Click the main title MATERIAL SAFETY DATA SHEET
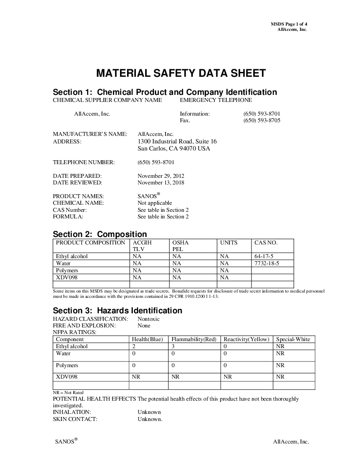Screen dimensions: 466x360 point(181,73)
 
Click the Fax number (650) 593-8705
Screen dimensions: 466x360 point(262,120)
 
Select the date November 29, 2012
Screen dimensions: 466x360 point(161,176)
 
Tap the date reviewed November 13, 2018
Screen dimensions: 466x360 point(161,183)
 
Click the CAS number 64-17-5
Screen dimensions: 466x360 point(264,256)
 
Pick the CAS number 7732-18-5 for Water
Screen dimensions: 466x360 point(267,263)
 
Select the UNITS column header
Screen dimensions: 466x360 point(229,243)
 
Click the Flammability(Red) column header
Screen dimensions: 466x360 point(194,339)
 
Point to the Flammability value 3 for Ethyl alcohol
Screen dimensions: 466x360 point(173,346)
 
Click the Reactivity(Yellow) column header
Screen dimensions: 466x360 point(246,339)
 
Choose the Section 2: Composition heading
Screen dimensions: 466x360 point(100,234)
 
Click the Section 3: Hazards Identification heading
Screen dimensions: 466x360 point(117,311)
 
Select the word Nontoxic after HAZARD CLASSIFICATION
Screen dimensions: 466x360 point(149,319)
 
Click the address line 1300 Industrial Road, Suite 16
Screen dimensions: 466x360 point(177,142)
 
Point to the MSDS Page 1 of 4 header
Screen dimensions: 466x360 point(289,24)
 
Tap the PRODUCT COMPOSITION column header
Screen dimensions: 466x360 point(90,243)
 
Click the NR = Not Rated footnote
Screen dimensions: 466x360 point(68,392)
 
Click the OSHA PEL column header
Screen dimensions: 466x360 point(180,246)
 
